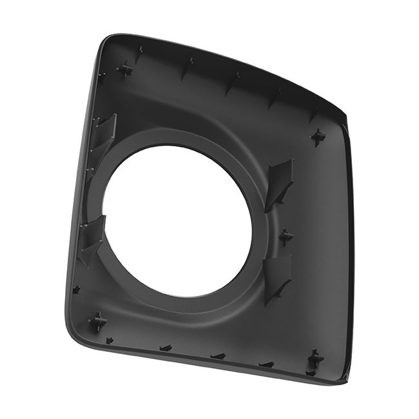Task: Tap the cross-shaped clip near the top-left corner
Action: tap(125, 69)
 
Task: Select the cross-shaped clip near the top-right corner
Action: tap(318, 136)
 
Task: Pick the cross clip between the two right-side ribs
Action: tap(286, 237)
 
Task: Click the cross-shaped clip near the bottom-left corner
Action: tap(98, 321)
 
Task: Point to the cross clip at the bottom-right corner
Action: tap(315, 359)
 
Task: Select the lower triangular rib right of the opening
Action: tap(278, 277)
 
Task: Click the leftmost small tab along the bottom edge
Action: tap(110, 340)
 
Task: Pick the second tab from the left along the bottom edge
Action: tap(166, 348)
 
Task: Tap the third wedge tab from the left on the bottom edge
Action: tap(218, 356)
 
